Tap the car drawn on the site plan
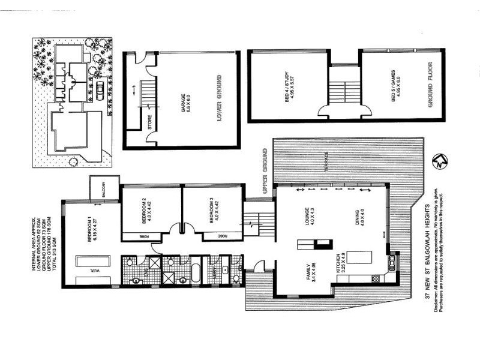point(100,89)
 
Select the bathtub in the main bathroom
point(196,271)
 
